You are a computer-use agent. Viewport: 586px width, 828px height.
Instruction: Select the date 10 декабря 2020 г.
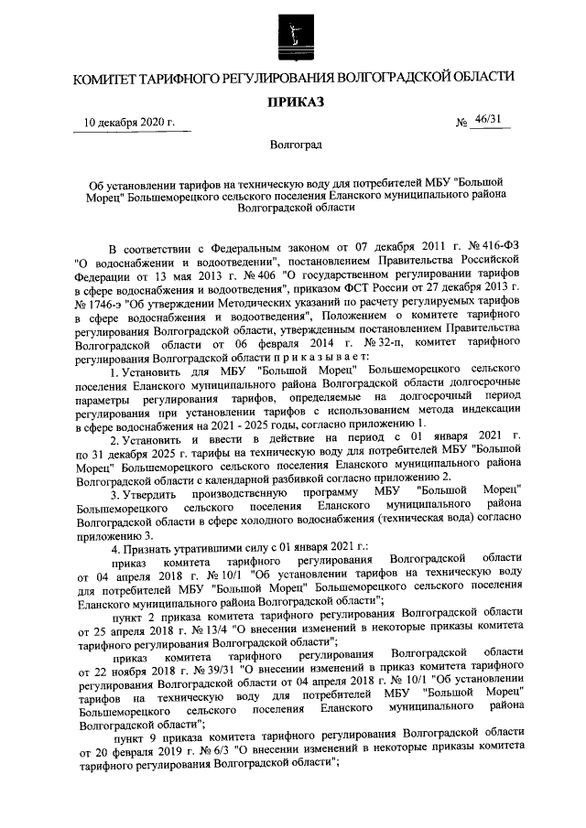129,123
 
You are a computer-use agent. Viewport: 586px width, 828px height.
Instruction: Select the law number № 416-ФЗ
485,246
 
